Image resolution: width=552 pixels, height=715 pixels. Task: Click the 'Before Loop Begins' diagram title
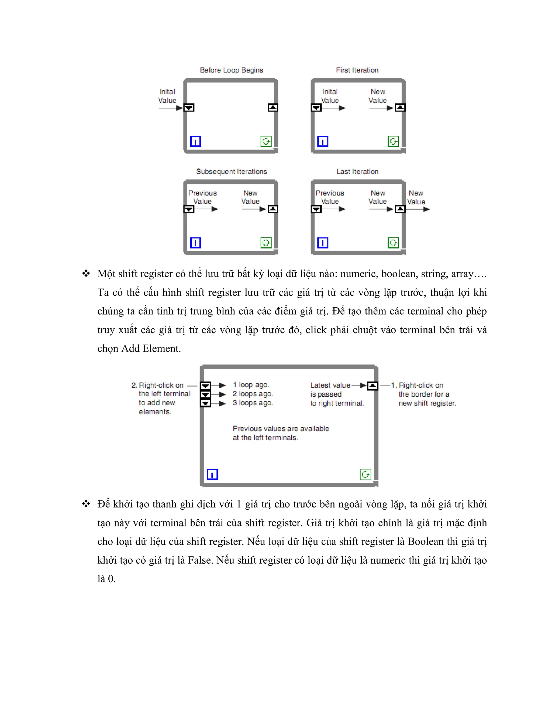[231, 70]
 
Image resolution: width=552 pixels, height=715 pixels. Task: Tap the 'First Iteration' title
[357, 70]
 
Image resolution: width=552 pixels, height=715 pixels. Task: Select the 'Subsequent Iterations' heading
[231, 172]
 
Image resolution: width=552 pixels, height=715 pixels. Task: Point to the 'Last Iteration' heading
[357, 172]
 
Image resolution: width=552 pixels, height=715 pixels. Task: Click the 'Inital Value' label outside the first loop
[167, 96]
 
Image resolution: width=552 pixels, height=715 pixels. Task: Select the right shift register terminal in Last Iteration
[400, 209]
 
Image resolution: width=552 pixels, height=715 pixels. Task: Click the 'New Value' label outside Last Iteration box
[416, 198]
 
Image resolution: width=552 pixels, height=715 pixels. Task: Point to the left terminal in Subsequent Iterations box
[189, 209]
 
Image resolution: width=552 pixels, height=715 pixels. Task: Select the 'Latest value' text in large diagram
[330, 385]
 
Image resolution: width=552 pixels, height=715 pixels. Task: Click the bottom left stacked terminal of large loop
[205, 403]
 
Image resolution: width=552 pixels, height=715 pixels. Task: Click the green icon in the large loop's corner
[365, 474]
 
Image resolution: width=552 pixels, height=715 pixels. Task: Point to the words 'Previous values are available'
[281, 428]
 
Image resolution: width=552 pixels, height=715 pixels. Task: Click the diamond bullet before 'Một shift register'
[86, 273]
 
